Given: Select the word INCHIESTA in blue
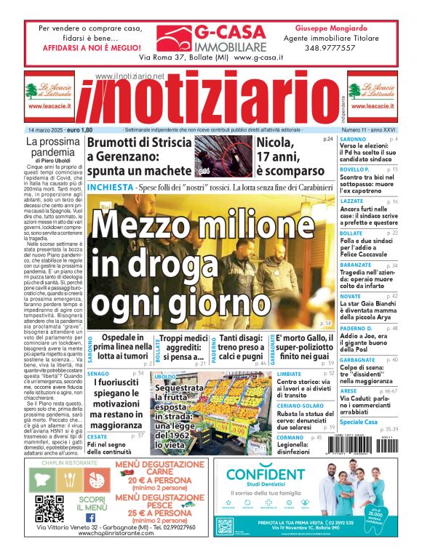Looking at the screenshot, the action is click(x=110, y=188).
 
